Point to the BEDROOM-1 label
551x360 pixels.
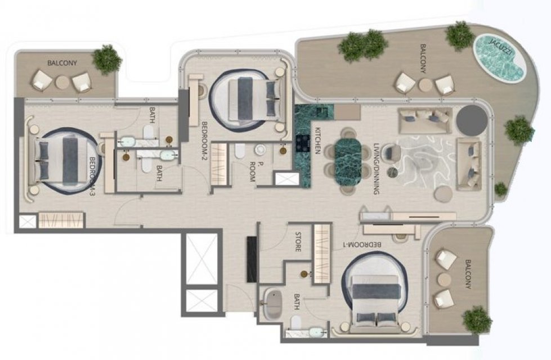point(362,245)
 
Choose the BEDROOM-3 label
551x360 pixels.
point(92,176)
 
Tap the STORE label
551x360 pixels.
point(298,242)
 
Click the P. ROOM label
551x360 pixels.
point(252,172)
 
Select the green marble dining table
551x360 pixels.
point(348,161)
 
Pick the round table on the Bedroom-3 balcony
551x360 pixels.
point(63,83)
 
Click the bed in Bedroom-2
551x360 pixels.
point(254,99)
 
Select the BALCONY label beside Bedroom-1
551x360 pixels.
point(467,274)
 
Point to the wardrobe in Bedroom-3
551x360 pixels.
point(61,220)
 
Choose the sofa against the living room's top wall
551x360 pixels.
point(425,121)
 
